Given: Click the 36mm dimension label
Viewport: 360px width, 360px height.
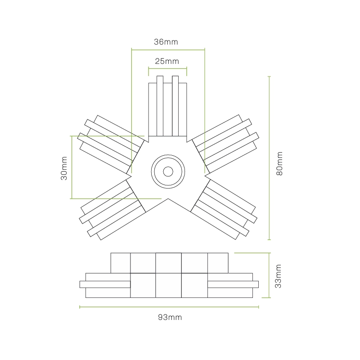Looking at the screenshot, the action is click(x=166, y=42).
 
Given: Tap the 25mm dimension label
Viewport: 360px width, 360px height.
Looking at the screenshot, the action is click(x=167, y=61).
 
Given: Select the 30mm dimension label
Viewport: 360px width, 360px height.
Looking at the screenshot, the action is click(x=64, y=168).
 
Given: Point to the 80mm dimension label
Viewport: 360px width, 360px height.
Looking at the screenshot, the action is click(x=279, y=163).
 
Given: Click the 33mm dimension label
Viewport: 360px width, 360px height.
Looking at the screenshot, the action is click(x=278, y=276).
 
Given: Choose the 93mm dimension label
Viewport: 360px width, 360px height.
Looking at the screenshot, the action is click(x=170, y=317).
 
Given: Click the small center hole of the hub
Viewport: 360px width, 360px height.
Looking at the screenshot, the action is click(x=168, y=171).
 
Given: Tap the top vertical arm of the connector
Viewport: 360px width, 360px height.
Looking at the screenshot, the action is click(x=167, y=106).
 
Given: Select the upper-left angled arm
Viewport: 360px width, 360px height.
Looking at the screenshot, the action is click(x=111, y=144).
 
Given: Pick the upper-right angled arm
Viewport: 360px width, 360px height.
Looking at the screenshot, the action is click(x=225, y=144).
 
